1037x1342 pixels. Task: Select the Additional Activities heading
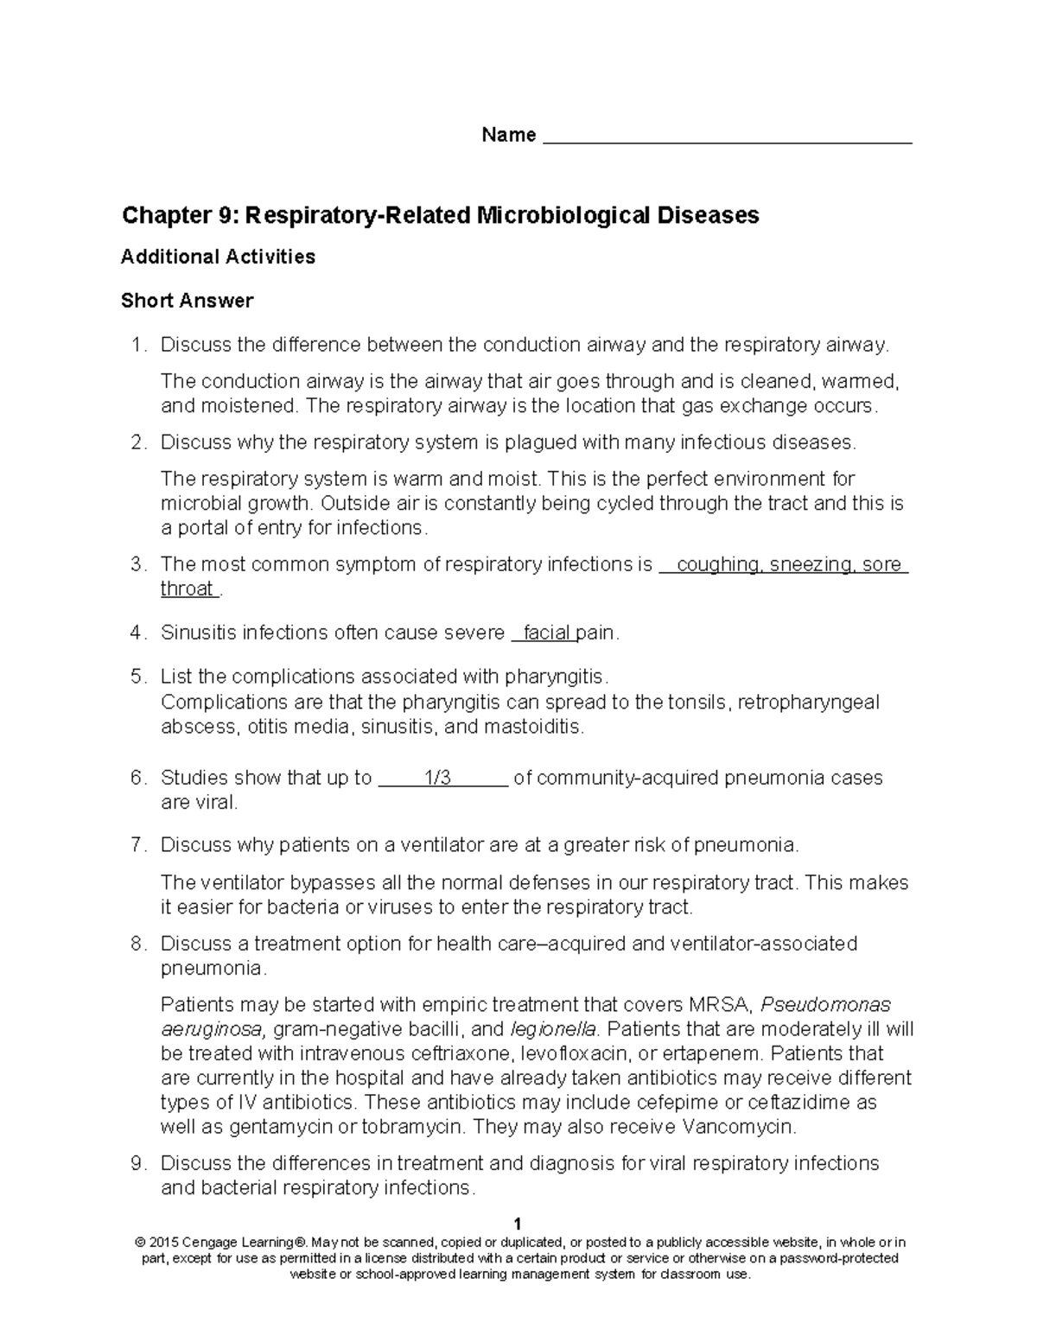[218, 257]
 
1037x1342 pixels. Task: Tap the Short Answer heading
[187, 301]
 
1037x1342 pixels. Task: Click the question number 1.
[136, 346]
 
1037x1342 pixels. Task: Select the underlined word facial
[546, 633]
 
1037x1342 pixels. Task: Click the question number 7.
[136, 845]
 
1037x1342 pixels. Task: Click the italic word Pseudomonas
[828, 1005]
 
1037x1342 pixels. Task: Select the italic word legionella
[553, 1029]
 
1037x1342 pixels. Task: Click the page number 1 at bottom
[518, 1224]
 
